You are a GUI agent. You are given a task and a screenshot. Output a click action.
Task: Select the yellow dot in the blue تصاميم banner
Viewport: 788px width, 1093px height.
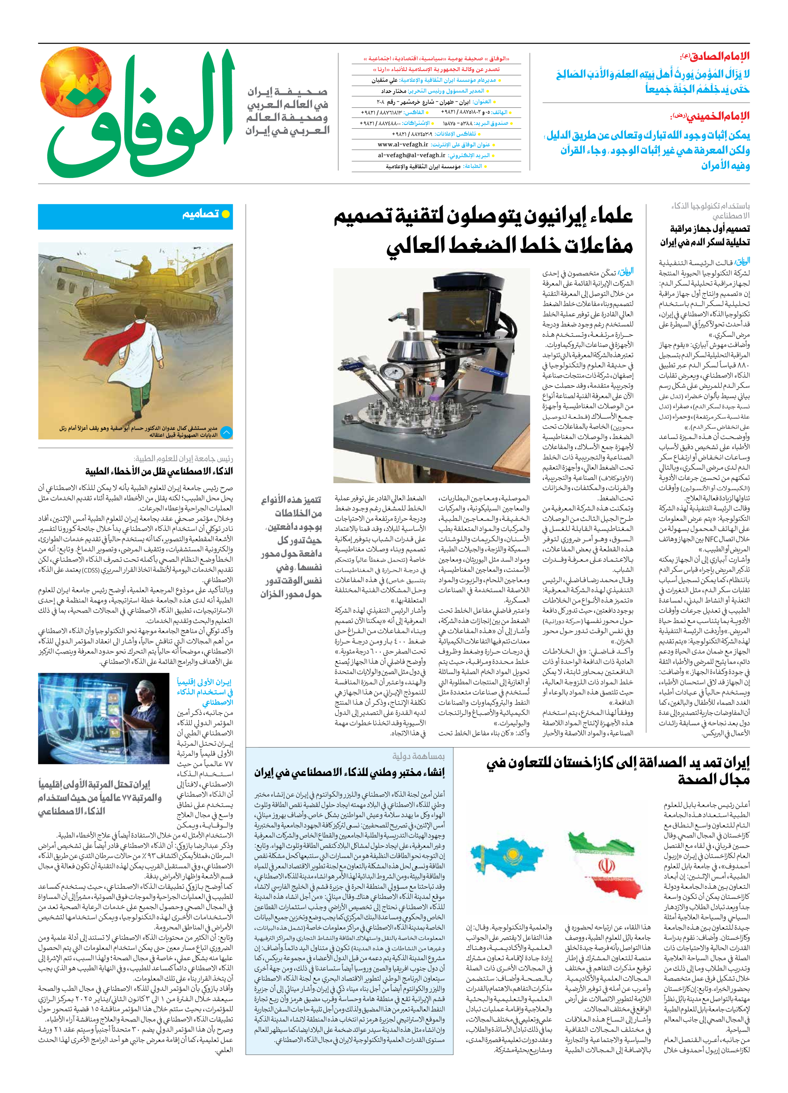tap(225, 214)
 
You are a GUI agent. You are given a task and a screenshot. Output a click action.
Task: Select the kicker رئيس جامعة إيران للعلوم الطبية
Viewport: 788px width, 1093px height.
tap(183, 458)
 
